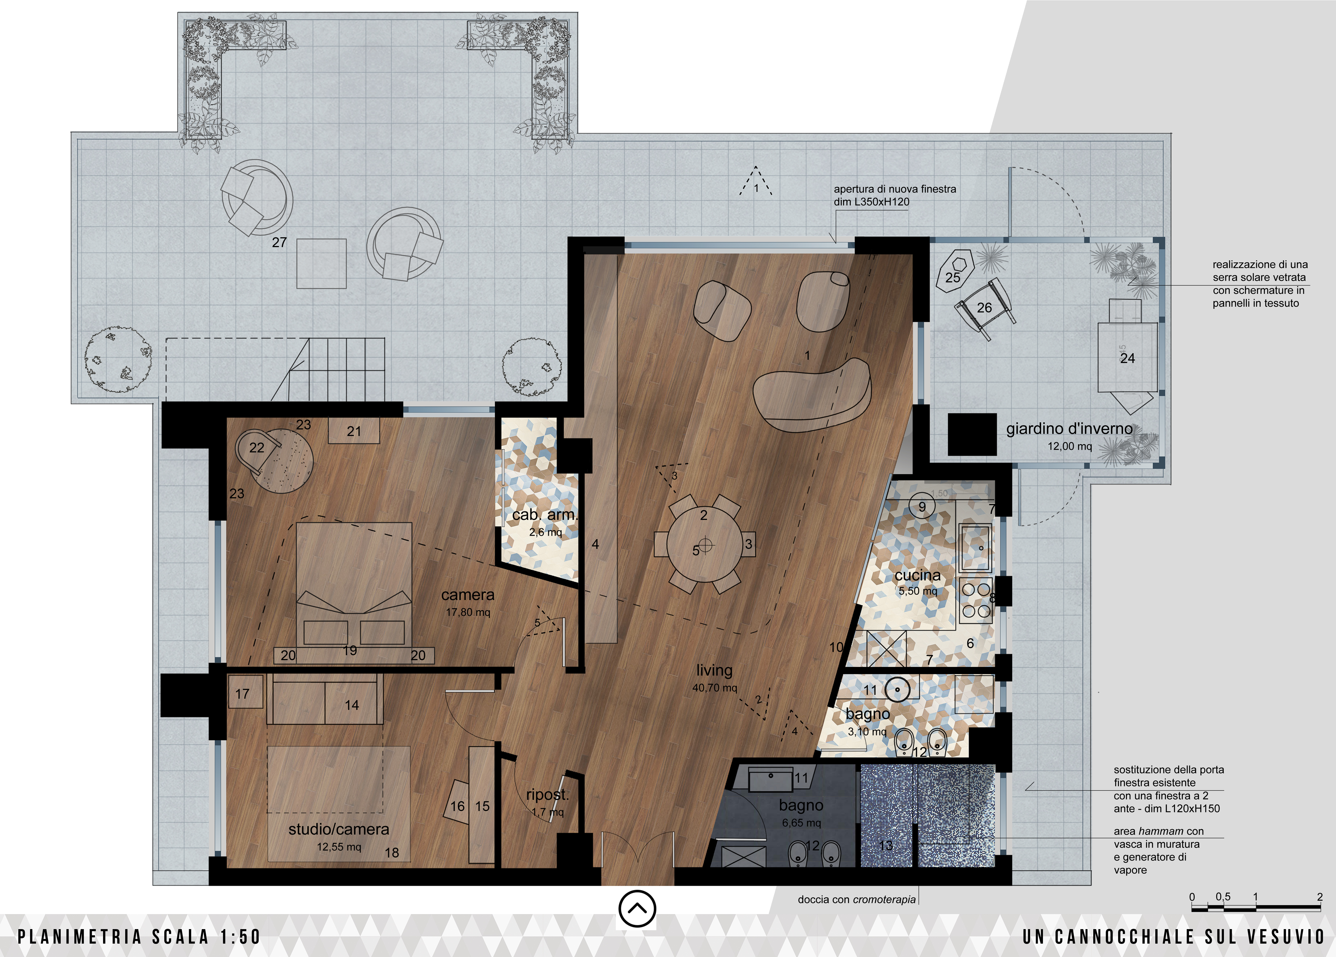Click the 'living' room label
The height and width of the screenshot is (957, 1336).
tap(714, 670)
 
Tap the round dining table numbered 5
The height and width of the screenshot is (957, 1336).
tap(704, 545)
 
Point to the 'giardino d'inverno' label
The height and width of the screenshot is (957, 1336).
tap(1069, 429)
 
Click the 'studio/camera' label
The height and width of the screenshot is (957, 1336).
tap(339, 829)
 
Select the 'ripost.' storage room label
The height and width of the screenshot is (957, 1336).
tap(547, 795)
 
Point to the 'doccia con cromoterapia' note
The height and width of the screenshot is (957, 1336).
tap(856, 899)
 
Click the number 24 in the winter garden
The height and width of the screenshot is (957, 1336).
tap(1127, 358)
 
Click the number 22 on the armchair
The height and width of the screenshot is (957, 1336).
tap(257, 447)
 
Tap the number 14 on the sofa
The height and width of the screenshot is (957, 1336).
tap(352, 705)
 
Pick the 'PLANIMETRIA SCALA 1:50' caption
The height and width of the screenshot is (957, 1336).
tap(139, 937)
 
